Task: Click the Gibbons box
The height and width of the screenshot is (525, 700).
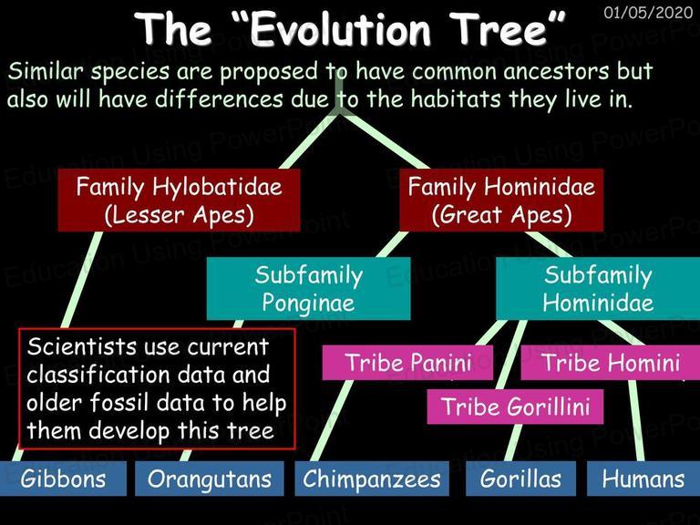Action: pos(63,479)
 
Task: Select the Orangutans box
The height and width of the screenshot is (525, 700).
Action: pos(210,479)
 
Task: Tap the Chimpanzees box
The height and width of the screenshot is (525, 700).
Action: pos(372,479)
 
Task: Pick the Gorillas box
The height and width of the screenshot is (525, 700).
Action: pos(520,479)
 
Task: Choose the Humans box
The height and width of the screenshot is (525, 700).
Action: pos(643,479)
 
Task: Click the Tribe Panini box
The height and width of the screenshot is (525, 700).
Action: pos(407,363)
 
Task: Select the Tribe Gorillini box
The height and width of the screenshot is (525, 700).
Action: pos(515,407)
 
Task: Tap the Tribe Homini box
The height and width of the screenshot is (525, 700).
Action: pos(611,363)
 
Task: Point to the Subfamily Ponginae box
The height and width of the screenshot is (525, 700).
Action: pos(308,288)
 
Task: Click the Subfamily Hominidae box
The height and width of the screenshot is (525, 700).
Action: pos(598,288)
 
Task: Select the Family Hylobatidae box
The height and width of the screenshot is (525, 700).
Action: pos(179,200)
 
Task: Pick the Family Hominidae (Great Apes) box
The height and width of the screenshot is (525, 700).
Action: pos(501,200)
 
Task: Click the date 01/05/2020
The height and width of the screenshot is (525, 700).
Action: pos(648,12)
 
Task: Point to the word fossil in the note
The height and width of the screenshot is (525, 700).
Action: pos(118,403)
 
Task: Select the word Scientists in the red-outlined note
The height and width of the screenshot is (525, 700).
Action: pos(82,346)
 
